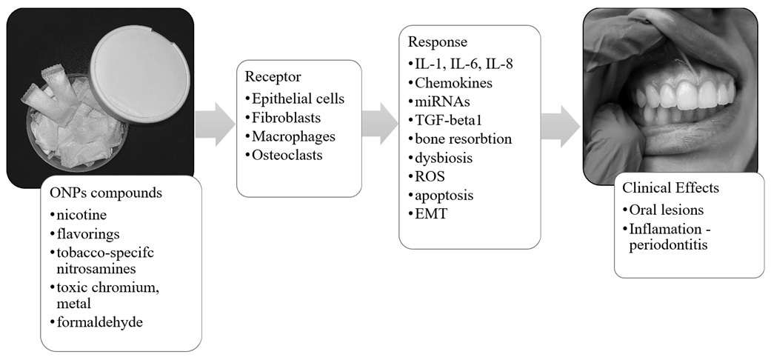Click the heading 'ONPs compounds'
point(106,193)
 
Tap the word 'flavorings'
point(88,233)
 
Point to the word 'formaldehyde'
point(100,322)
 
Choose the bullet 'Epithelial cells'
point(298,99)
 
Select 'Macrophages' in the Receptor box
point(293,136)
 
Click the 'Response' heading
point(437,41)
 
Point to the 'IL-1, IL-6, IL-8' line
point(464,64)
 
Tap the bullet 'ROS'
point(427,176)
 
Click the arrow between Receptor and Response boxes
point(379,124)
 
